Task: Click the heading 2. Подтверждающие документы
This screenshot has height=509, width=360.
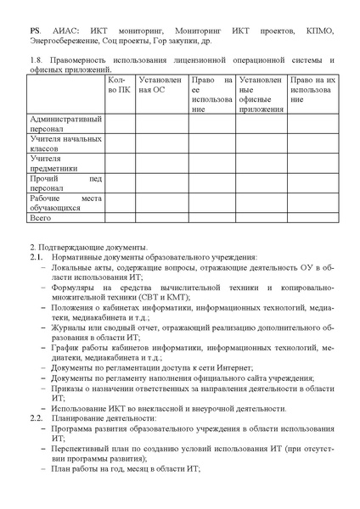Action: pyautogui.click(x=83, y=246)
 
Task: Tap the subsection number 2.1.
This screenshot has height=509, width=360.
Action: pyautogui.click(x=36, y=256)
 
